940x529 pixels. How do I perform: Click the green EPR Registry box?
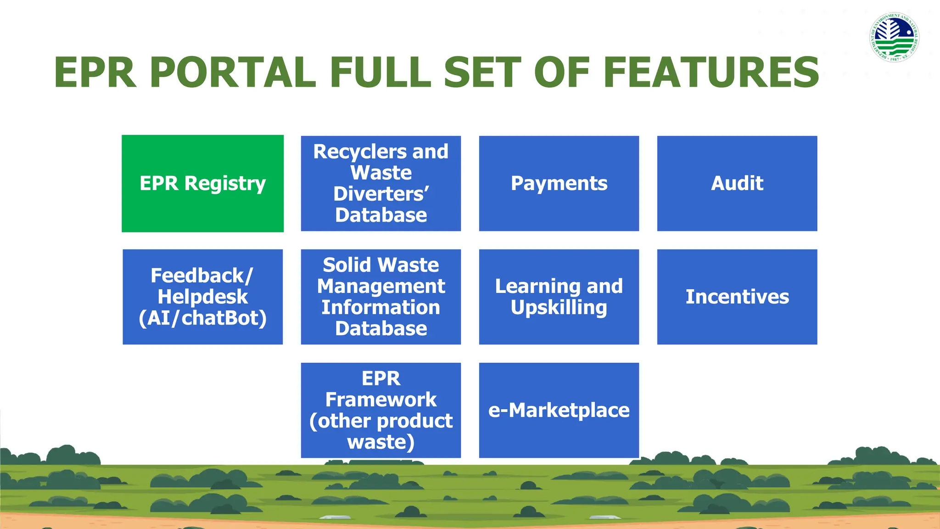[202, 183]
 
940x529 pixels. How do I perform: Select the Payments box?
[559, 183]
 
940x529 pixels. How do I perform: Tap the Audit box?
[737, 183]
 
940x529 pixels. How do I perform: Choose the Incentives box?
[737, 297]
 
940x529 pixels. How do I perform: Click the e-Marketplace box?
[559, 410]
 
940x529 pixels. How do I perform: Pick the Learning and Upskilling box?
[559, 297]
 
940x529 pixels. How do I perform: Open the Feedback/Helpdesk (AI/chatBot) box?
[202, 297]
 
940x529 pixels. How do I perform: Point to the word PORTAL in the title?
[233, 73]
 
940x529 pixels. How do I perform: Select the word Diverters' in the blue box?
[381, 194]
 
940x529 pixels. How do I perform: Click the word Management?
[381, 286]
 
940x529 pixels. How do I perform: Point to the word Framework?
[381, 400]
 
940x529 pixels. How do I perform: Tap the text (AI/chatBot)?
[202, 318]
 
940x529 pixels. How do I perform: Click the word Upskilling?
[559, 308]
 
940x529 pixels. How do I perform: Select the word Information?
[381, 307]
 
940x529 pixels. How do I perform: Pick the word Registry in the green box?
[225, 184]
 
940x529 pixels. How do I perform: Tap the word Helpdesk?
[202, 297]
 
